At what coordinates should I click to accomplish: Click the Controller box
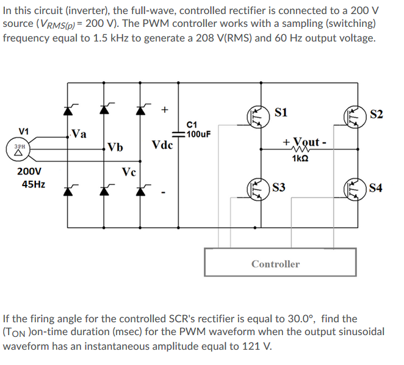(275, 263)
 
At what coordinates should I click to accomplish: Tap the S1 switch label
(282, 113)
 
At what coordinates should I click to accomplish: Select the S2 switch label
(377, 114)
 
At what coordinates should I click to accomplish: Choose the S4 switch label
(376, 188)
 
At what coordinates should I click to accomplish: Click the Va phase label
(79, 132)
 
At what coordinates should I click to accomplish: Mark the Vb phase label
(114, 146)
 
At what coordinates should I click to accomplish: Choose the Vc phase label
(129, 172)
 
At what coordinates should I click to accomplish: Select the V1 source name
(24, 131)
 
